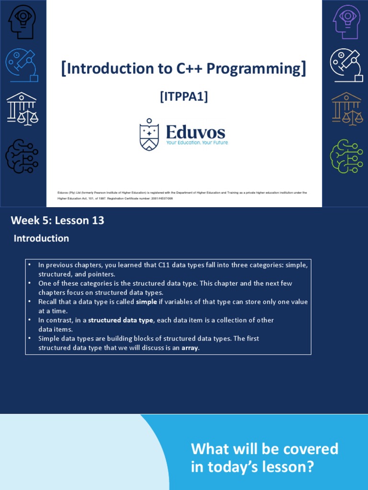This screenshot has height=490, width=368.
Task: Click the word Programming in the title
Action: tap(259, 69)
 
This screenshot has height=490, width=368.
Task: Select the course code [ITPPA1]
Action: tap(184, 97)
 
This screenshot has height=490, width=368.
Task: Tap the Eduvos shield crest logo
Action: tap(149, 135)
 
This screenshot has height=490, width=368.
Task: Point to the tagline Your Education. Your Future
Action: tap(197, 143)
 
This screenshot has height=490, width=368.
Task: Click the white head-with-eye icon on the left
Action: tap(22, 22)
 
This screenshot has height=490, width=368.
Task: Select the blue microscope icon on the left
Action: tap(22, 65)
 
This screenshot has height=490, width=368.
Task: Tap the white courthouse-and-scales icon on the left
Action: tap(22, 109)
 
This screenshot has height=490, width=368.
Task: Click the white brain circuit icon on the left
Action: tap(22, 156)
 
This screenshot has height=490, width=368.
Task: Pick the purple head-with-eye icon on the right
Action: tap(346, 22)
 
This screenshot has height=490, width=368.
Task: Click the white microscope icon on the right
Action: tap(346, 65)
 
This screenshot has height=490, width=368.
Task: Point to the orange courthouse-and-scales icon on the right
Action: tap(346, 109)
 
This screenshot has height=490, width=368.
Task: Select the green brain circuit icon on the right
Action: tap(346, 156)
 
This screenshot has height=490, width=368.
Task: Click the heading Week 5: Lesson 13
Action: tap(57, 221)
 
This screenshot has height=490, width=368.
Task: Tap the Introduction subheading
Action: tap(41, 238)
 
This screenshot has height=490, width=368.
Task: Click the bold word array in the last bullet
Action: tap(189, 348)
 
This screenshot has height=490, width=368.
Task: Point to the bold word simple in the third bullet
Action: tap(147, 302)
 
